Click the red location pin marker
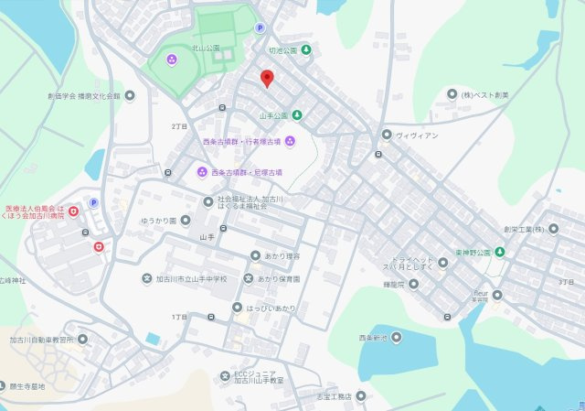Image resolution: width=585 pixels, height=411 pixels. (x=267, y=79)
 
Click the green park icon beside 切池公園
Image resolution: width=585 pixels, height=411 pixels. (x=306, y=49)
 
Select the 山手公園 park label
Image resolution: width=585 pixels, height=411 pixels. (x=274, y=115)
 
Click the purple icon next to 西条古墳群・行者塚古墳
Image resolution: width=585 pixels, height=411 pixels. (x=290, y=141)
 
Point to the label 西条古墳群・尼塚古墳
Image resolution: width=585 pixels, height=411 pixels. (x=247, y=171)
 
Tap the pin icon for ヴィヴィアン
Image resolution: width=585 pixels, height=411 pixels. (x=387, y=135)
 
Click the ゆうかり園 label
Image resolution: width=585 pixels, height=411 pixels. (x=159, y=221)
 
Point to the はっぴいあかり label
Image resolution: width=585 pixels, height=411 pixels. (x=271, y=308)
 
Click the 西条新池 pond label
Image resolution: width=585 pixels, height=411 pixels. (x=374, y=338)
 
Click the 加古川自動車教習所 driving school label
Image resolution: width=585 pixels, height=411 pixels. (x=41, y=340)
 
